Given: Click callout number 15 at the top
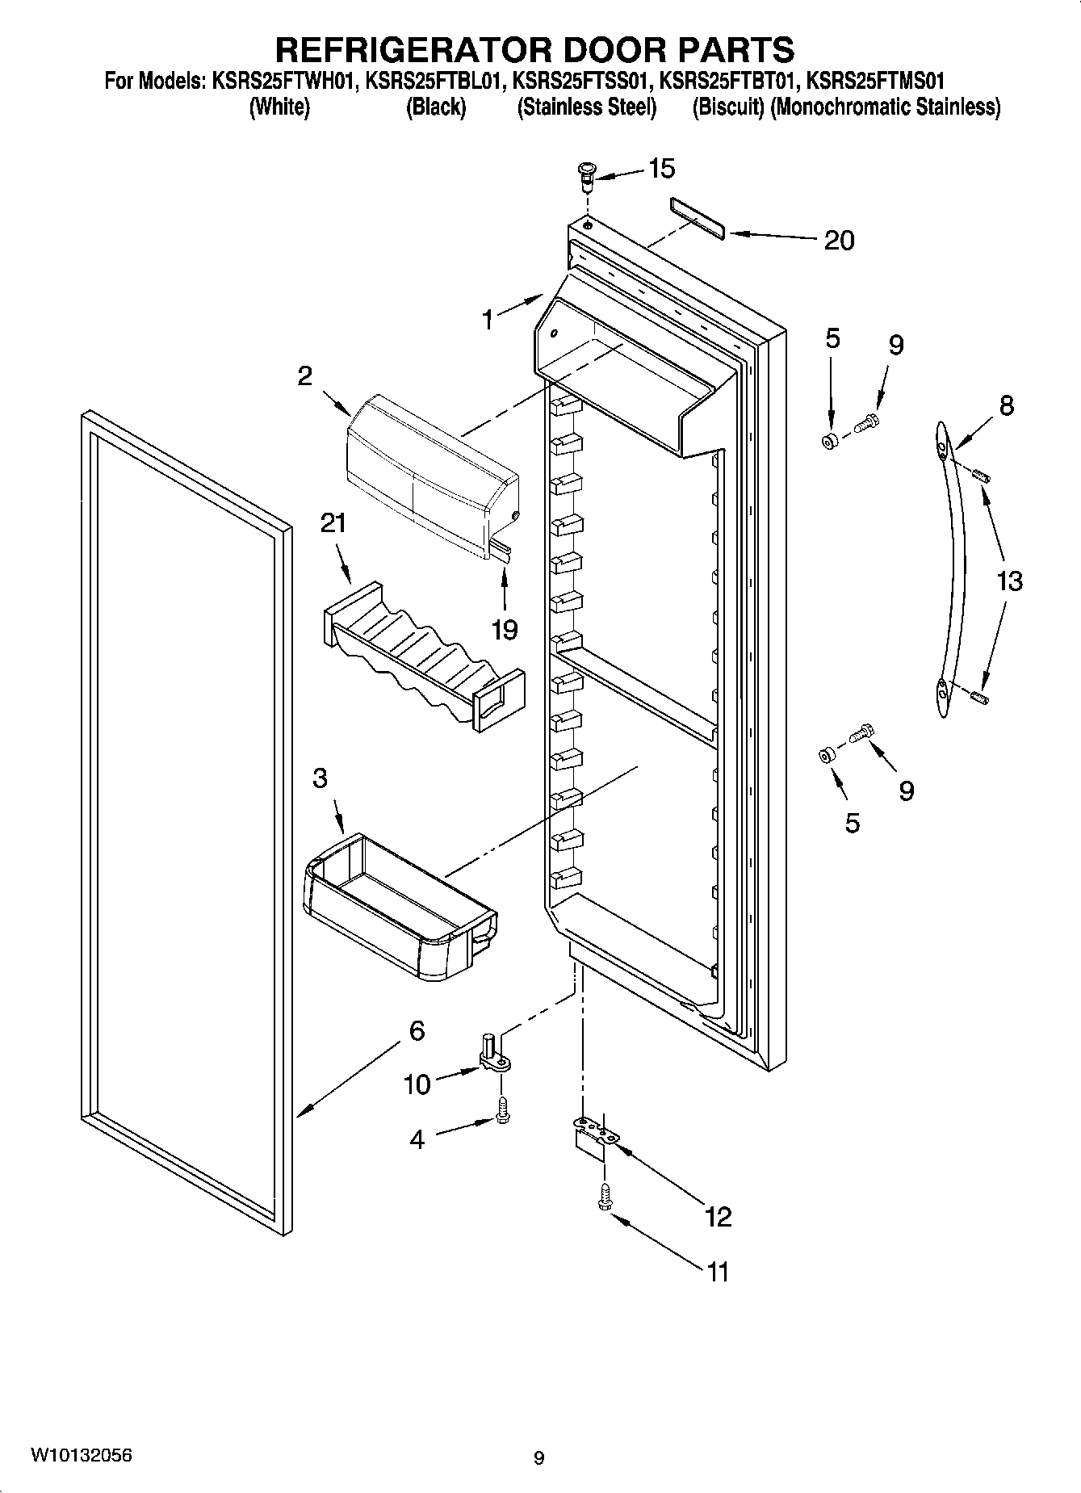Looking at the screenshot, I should click(661, 169).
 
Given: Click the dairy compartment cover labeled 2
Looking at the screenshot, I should click(432, 476).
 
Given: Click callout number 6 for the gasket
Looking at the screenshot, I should click(417, 1030).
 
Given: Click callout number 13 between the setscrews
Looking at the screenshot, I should click(1009, 581).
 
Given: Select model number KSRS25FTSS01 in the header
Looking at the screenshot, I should click(583, 81).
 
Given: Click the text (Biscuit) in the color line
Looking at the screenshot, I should click(727, 107).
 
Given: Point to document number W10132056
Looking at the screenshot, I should click(82, 1455).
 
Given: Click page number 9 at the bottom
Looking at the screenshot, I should click(539, 1458).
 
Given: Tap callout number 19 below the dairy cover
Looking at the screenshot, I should click(505, 629).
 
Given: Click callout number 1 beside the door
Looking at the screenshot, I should click(487, 321).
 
